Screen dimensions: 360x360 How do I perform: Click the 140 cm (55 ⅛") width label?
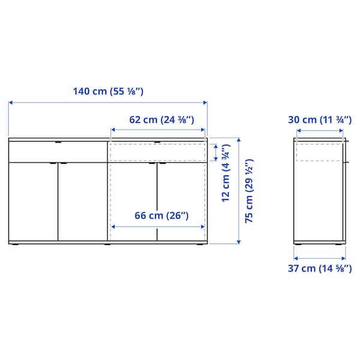pos(108,92)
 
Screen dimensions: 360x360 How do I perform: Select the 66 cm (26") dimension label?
pos(159,215)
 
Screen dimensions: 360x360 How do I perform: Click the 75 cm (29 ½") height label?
pos(249,191)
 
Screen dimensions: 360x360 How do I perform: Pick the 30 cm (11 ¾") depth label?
pos(319,119)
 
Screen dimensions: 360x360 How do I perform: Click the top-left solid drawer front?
pos(58,152)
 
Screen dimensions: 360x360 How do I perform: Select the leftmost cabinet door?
pos(34,201)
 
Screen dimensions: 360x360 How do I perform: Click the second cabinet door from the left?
pos(83,201)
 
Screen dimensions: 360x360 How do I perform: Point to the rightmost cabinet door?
pos(182,201)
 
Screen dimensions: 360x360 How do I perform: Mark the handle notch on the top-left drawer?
pos(58,143)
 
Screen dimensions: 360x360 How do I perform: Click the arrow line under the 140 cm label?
pos(108,103)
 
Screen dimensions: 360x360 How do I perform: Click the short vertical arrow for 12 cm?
pos(215,152)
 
